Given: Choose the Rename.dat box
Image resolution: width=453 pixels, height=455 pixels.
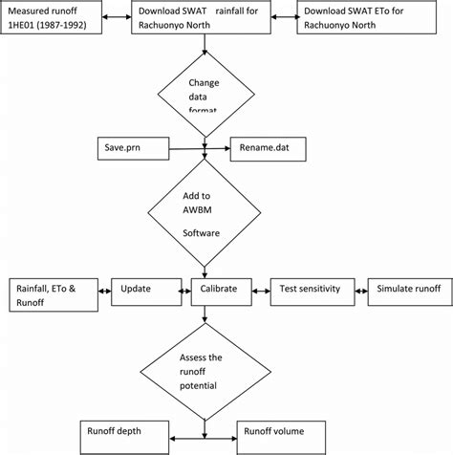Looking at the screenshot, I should click(x=270, y=149).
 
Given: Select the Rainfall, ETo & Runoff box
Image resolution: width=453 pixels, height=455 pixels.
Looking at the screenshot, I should click(x=54, y=295).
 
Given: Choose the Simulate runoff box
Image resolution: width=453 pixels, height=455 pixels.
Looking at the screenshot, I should click(x=408, y=288).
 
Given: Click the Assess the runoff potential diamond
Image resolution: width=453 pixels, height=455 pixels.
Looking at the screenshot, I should click(x=205, y=371).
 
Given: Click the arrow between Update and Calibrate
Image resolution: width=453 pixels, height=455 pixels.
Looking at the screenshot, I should click(x=183, y=288).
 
